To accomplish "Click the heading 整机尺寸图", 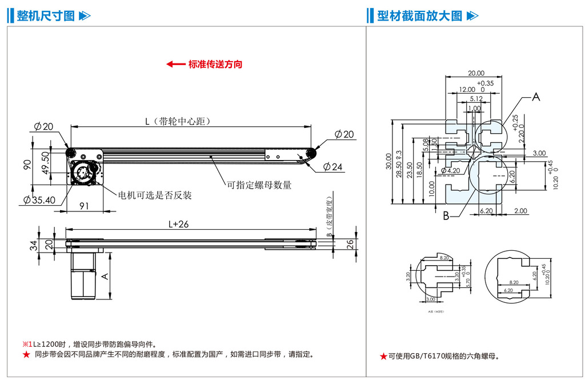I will tap(46, 16).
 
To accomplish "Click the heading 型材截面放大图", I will tap(419, 16).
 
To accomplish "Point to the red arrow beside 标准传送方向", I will tap(175, 64).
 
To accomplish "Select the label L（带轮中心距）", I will tap(175, 121).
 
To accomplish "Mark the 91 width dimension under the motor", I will tap(84, 206).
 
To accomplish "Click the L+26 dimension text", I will tap(178, 224).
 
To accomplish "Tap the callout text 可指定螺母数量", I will tap(259, 185).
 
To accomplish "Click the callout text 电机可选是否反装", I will tap(155, 195).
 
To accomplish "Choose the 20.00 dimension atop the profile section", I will tap(476, 73).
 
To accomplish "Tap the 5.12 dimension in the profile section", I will tap(476, 98).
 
